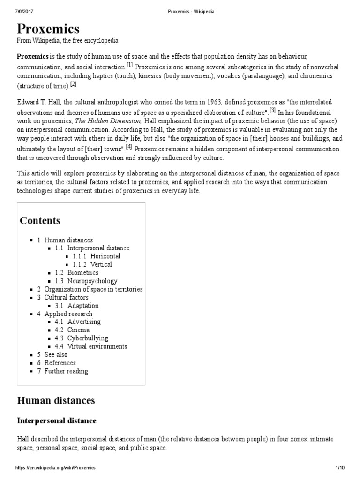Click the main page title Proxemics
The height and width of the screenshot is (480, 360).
[48, 30]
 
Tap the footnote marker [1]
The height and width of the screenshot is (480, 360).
[130, 64]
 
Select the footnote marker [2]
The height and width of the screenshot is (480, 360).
[73, 84]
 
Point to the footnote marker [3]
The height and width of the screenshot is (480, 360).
[272, 110]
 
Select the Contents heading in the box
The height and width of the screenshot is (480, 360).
[40, 220]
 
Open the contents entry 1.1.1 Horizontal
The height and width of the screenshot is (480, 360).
[96, 256]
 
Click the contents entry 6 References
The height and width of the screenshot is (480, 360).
[56, 363]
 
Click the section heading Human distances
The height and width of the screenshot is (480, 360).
[56, 400]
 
